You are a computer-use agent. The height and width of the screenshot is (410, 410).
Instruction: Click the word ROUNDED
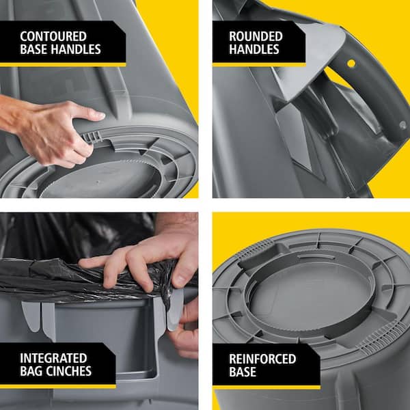256,36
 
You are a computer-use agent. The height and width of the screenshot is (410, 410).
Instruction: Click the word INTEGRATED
53,358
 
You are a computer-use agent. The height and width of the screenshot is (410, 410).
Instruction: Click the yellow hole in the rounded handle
351,64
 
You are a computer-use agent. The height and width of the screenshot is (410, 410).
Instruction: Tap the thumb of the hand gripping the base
88,113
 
